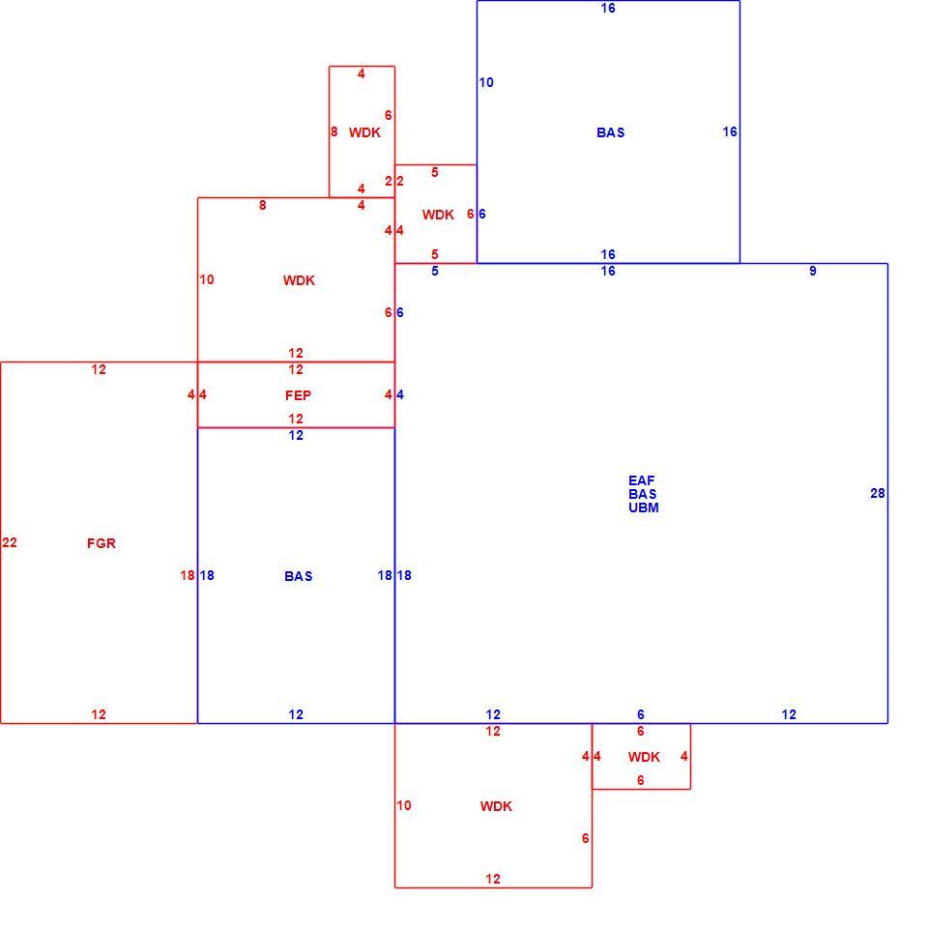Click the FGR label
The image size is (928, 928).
[x=101, y=543]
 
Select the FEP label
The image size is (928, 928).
[x=299, y=395]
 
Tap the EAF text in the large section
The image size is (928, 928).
[x=642, y=480]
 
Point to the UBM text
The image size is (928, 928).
[x=644, y=507]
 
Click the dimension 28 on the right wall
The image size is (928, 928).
[x=878, y=493]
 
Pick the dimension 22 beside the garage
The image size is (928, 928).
[x=10, y=542]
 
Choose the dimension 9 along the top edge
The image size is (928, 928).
[x=813, y=271]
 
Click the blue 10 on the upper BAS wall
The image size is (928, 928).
[x=486, y=83]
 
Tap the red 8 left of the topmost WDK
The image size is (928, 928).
[x=333, y=132]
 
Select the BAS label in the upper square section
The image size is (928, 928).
[x=611, y=132]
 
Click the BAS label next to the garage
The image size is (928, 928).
[x=299, y=576]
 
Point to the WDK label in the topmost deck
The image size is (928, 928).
[x=364, y=132]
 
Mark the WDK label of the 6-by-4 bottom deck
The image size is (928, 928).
[x=644, y=757]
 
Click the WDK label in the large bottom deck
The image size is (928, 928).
[x=496, y=806]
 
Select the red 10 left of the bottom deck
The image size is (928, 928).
[x=404, y=805]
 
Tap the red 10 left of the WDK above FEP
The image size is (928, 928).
[x=207, y=279]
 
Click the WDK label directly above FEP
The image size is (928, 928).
[x=299, y=280]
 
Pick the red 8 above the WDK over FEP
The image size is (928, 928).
[x=262, y=205]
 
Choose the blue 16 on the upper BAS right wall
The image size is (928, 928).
[x=730, y=132]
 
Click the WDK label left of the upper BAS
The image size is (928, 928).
[x=438, y=215]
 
